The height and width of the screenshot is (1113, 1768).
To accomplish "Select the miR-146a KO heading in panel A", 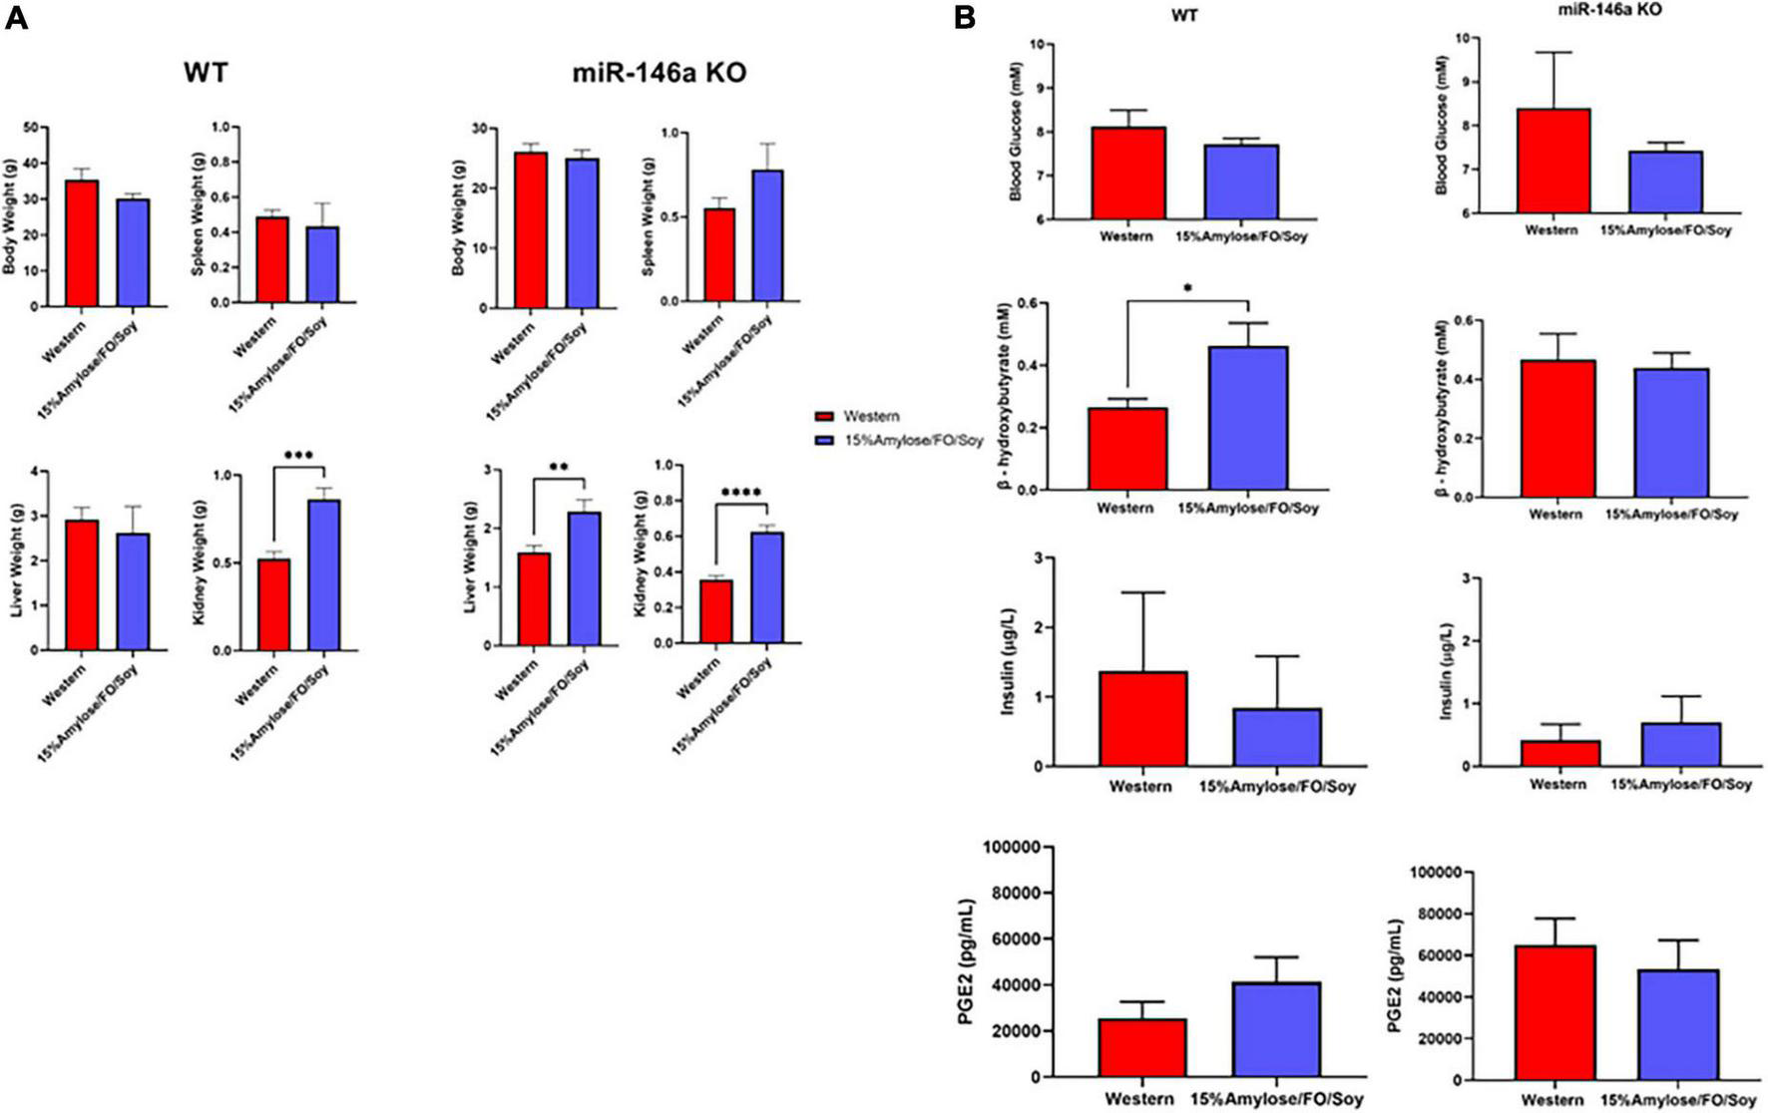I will (659, 73).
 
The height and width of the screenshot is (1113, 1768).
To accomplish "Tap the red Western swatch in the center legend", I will (824, 417).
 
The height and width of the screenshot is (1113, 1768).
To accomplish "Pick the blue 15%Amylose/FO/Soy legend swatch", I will (824, 441).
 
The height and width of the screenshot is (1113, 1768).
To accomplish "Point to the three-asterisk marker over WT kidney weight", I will (298, 455).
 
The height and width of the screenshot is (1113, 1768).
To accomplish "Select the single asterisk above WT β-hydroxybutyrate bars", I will (1187, 289).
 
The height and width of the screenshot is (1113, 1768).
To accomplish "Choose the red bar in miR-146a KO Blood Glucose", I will (1552, 161).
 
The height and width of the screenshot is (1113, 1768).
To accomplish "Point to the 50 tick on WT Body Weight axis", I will (31, 128).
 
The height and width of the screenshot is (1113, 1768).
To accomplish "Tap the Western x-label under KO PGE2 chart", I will (1552, 1099).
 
